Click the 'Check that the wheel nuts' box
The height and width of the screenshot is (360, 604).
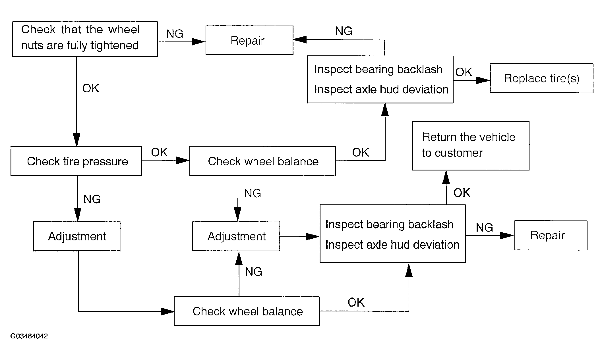tap(85, 39)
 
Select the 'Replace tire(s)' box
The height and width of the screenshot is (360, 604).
tap(542, 78)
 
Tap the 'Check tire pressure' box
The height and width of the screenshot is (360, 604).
tap(76, 161)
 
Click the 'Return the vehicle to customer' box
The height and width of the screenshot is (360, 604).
tap(471, 146)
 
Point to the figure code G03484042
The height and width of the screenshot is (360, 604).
tap(29, 336)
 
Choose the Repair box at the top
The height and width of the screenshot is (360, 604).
tap(249, 40)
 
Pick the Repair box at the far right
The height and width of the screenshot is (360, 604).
tap(551, 235)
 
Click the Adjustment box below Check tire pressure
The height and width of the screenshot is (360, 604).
tap(77, 236)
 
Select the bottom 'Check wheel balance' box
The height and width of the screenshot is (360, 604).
tap(247, 311)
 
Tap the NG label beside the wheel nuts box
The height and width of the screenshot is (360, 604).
tap(175, 34)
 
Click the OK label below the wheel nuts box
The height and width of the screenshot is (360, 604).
tap(91, 88)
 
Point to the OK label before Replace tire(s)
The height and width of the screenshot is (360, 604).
tap(464, 72)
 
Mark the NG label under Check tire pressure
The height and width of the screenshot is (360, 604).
tap(92, 199)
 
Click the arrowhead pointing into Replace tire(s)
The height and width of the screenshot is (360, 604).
tap(483, 80)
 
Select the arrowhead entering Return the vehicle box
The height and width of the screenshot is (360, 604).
tap(446, 177)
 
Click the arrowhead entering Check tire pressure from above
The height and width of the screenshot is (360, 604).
tap(76, 140)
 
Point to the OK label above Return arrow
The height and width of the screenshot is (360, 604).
tap(462, 193)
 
